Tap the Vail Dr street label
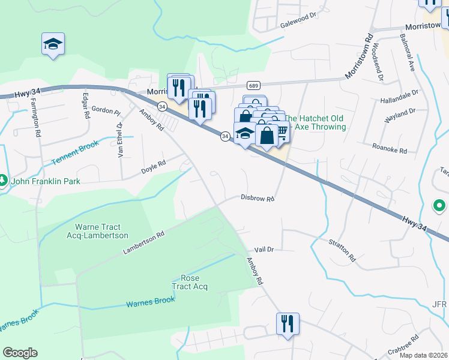tap(264, 249)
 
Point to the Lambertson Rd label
tap(143, 243)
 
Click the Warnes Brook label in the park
tap(150, 302)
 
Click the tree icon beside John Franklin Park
tap(4, 180)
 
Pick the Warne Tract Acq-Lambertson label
tap(98, 231)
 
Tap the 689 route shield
tap(253, 86)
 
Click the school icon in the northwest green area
tap(53, 44)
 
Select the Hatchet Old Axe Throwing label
tap(315, 122)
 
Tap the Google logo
tap(20, 353)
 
